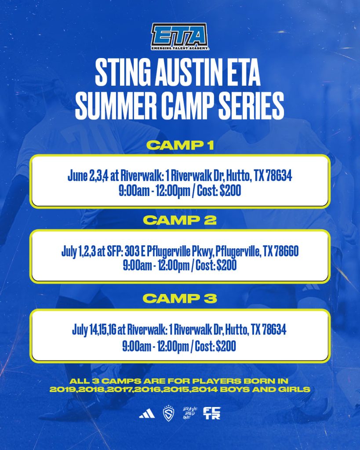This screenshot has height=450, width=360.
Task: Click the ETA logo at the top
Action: click(x=180, y=36)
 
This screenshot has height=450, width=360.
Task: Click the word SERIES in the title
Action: click(x=251, y=105)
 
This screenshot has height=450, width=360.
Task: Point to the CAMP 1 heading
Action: click(x=180, y=145)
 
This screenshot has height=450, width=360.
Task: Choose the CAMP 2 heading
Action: click(x=180, y=220)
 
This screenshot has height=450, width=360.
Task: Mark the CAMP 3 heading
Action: click(x=180, y=298)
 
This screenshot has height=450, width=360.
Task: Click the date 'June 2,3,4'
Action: click(x=88, y=176)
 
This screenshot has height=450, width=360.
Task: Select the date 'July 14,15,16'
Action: click(x=94, y=330)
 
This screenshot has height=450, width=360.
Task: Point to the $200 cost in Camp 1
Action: click(x=230, y=191)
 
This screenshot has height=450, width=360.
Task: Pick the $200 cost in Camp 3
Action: click(x=226, y=346)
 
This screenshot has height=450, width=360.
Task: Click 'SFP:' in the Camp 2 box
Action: click(x=115, y=251)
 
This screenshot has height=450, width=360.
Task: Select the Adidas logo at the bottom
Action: click(x=147, y=414)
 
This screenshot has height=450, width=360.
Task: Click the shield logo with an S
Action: click(x=168, y=413)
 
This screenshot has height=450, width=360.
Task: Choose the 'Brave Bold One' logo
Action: click(x=190, y=413)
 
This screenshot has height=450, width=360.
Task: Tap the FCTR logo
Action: click(x=212, y=413)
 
